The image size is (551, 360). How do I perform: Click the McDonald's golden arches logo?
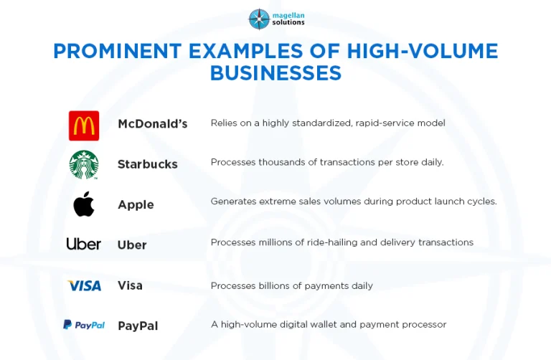tap(84, 125)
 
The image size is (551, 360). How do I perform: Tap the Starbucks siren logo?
tap(84, 165)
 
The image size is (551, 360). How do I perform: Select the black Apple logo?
tap(84, 204)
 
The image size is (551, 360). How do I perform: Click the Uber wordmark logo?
tap(84, 244)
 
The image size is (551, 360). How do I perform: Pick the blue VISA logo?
tap(85, 285)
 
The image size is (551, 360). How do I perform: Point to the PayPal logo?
tap(84, 325)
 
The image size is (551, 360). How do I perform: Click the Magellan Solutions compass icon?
tap(259, 19)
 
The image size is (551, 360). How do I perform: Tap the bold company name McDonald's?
tap(153, 124)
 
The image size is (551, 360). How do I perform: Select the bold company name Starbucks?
tap(148, 164)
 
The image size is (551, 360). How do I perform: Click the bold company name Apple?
tap(136, 205)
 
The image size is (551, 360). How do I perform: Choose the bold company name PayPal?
tap(138, 326)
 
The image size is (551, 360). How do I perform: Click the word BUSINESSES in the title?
tap(275, 72)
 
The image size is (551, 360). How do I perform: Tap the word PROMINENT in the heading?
tap(118, 51)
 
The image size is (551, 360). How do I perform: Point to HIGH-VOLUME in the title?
tap(423, 51)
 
